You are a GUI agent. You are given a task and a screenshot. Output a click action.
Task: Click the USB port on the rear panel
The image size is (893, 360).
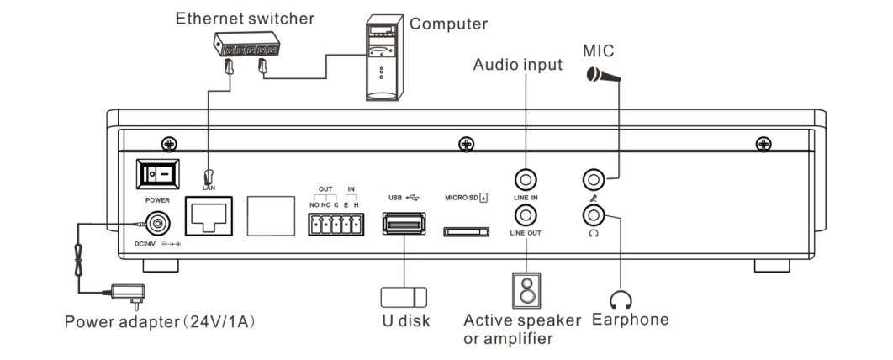404,224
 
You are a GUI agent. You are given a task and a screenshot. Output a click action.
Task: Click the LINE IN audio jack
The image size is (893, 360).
526,179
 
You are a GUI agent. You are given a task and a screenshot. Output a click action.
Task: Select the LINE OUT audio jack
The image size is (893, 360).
526,215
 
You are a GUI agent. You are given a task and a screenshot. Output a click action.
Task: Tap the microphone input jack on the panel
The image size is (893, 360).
594,179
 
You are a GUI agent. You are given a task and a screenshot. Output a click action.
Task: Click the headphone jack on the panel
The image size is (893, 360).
594,215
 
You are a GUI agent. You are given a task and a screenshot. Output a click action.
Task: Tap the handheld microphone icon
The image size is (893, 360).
602,75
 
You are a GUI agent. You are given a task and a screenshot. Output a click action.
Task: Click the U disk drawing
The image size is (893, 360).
404,296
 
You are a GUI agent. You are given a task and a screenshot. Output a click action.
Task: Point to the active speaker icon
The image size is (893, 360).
525,290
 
